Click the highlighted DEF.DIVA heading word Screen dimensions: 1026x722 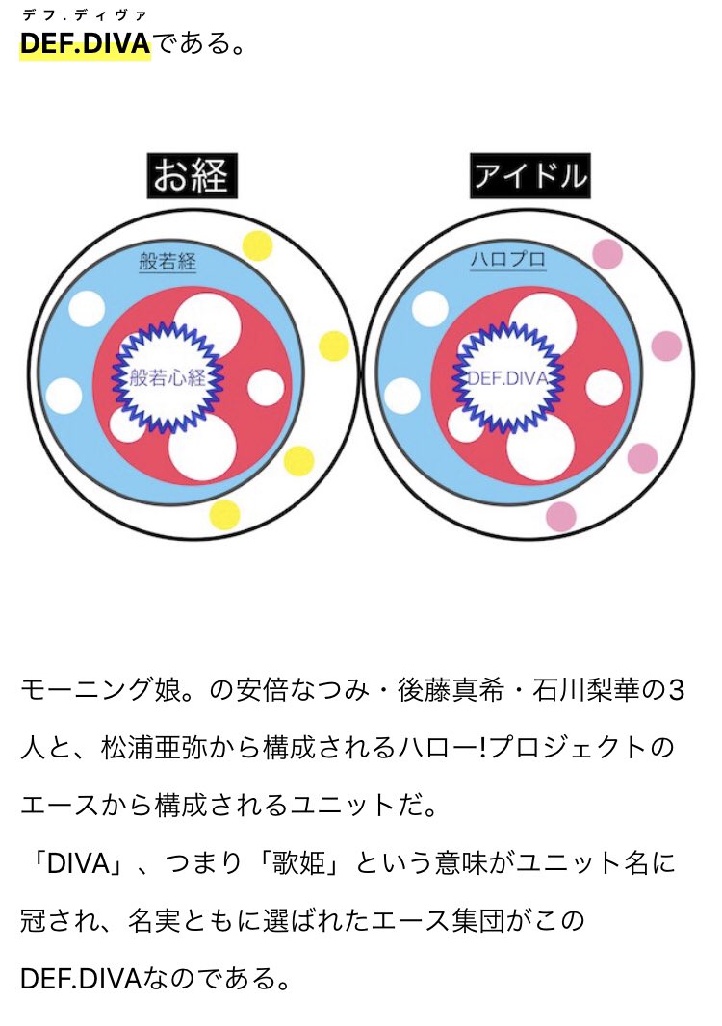(x=85, y=44)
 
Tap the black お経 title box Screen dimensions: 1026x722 (x=192, y=176)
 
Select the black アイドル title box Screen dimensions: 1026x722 (x=529, y=176)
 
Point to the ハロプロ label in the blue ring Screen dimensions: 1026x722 (x=507, y=261)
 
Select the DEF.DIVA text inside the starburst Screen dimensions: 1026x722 (x=507, y=378)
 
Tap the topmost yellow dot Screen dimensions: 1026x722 (x=257, y=245)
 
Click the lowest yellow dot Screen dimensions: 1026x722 (x=224, y=514)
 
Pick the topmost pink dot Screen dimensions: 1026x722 (x=606, y=254)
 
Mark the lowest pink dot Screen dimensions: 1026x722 (x=560, y=517)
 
